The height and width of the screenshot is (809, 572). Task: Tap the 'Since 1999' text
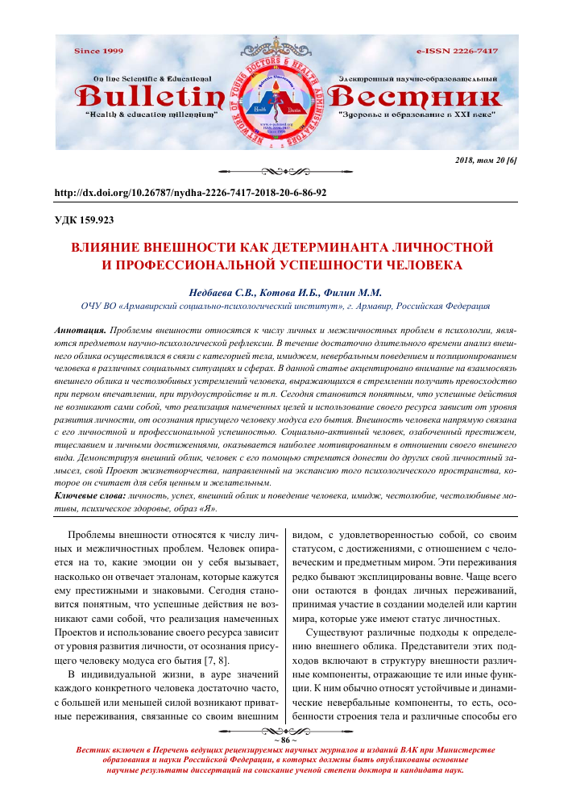coord(98,51)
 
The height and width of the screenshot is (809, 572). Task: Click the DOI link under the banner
coord(189,194)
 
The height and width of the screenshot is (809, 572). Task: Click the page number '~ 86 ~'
coord(285,738)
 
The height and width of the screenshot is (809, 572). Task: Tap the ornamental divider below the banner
coord(285,171)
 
